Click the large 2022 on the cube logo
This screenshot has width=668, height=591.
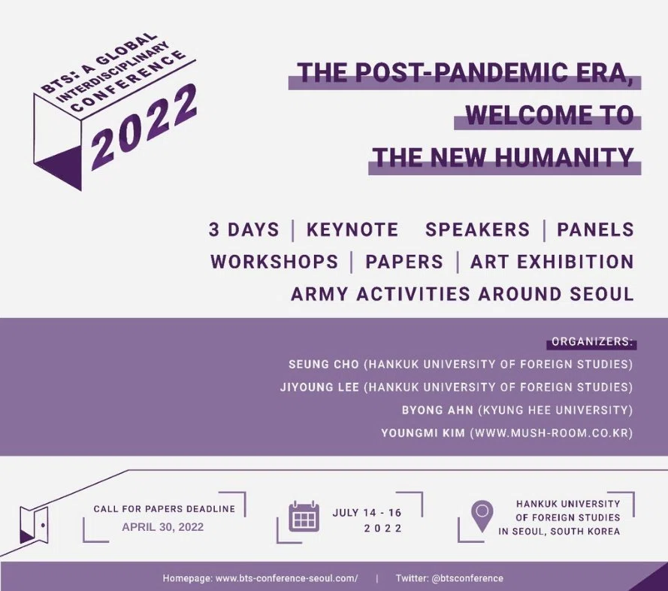coord(144,127)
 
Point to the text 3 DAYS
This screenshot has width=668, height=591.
coord(243,229)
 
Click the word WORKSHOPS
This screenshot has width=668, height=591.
coord(274,262)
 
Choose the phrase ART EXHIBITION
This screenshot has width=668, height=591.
coord(552,262)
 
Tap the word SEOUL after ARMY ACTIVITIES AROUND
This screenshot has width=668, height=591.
coord(602,294)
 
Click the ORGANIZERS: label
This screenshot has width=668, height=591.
coord(592,342)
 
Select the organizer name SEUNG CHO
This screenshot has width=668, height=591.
coord(324,365)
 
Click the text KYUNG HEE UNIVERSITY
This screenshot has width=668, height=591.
coord(555,411)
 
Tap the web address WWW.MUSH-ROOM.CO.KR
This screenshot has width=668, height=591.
coord(552,433)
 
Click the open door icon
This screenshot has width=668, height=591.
coord(34,525)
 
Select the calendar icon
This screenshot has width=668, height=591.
coord(304,517)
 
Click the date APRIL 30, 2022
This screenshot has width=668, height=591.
coord(163,527)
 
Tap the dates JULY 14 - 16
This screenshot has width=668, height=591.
coord(367,513)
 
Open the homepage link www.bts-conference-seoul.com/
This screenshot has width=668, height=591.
coord(287,578)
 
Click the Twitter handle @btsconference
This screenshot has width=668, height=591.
coord(467,578)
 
